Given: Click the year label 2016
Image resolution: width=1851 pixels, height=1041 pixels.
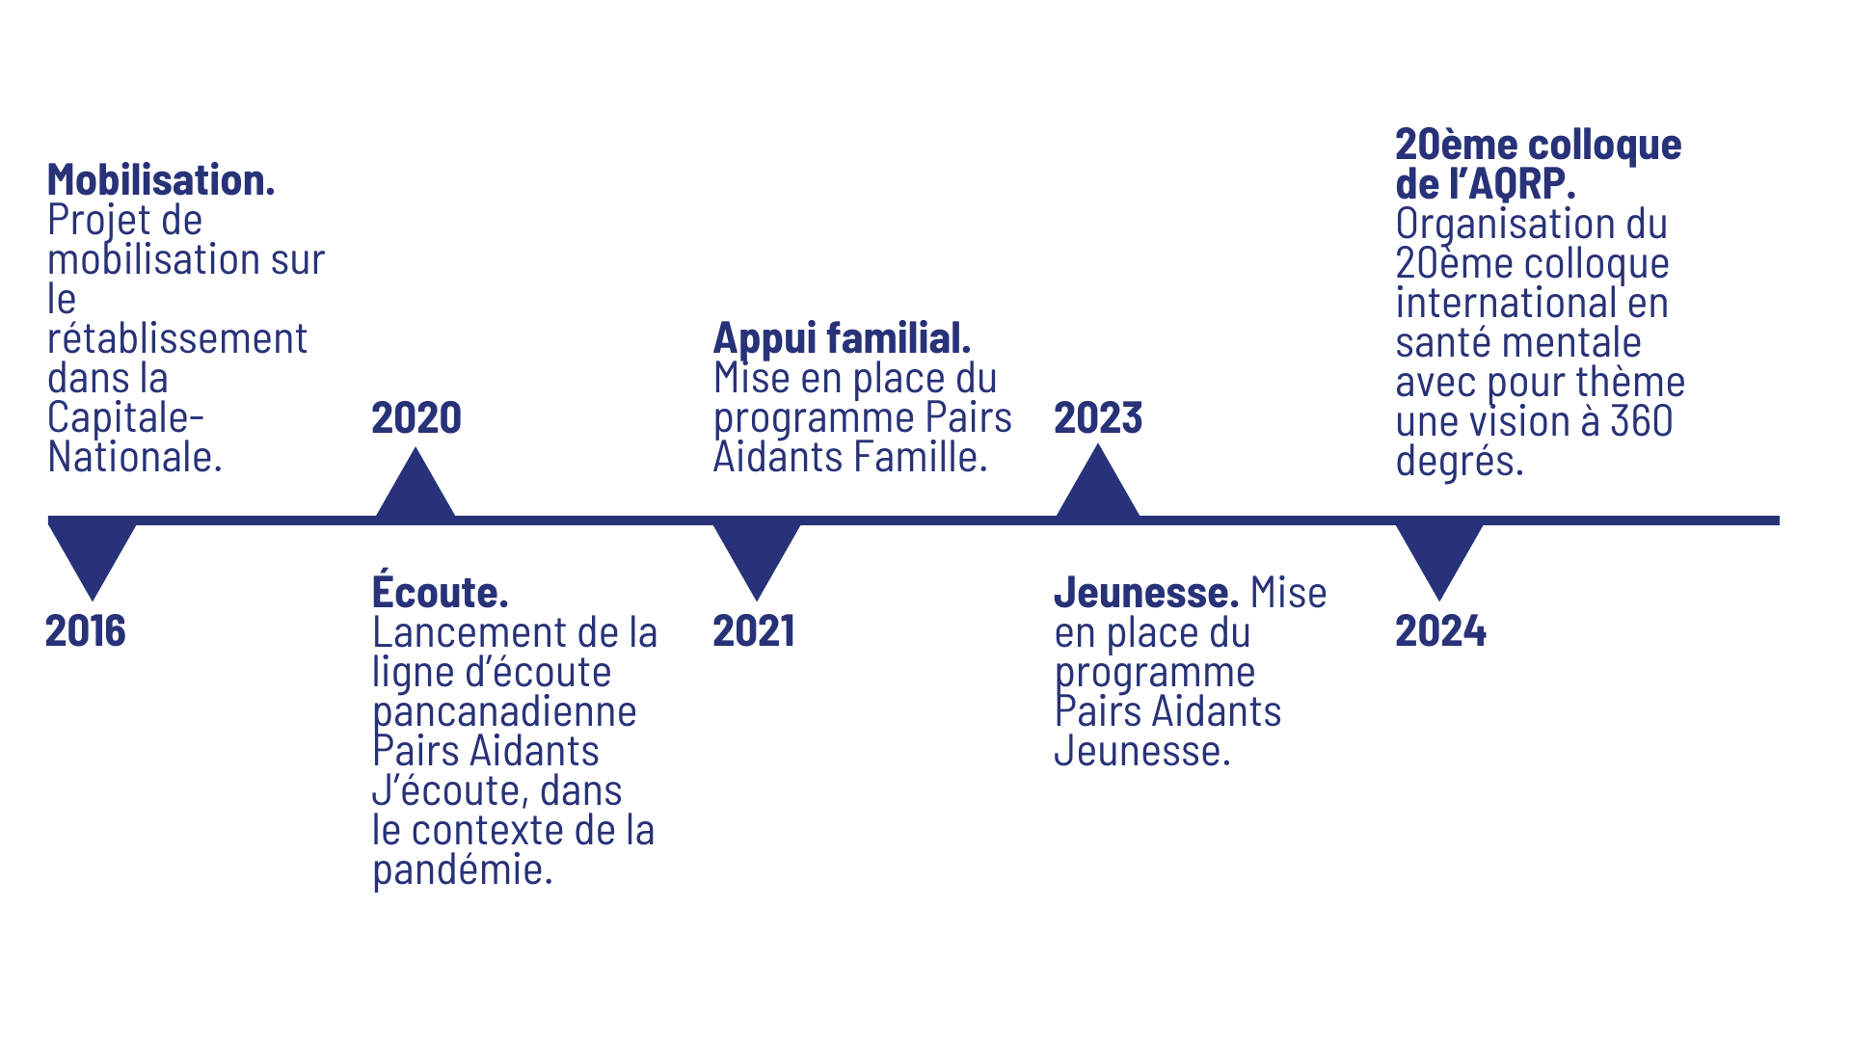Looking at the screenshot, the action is coord(85,631).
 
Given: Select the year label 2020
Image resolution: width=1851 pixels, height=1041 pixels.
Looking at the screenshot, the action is coord(416,418).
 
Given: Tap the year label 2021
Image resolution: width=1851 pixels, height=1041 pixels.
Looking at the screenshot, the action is coord(754,631).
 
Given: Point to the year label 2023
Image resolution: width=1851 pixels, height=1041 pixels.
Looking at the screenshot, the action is coord(1098,418).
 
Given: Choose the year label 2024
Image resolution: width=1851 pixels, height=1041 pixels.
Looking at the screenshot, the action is coord(1440,631).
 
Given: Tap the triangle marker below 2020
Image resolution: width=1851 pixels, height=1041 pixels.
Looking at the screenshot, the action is coord(416,487).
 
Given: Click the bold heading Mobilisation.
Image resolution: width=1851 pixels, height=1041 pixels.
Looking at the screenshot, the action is coord(161,180).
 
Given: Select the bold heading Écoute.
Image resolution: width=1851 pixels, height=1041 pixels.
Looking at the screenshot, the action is coord(440,592).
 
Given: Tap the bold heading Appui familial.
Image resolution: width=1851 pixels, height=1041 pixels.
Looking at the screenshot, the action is coord(842,338).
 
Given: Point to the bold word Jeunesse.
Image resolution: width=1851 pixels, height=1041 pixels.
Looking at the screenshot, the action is coord(1146,592).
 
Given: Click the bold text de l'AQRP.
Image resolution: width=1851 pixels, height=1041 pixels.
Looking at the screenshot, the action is coord(1485,183).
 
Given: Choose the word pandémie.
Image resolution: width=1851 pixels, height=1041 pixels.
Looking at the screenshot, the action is coord(463,870).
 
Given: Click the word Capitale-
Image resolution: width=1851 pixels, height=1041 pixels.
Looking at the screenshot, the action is coord(125,418).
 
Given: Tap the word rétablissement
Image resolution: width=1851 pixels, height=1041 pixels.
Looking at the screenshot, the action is coord(177,339).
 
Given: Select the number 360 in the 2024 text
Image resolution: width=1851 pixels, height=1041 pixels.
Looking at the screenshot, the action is coord(1641,421).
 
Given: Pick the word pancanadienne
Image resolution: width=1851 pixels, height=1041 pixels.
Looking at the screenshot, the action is coord(504,712).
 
